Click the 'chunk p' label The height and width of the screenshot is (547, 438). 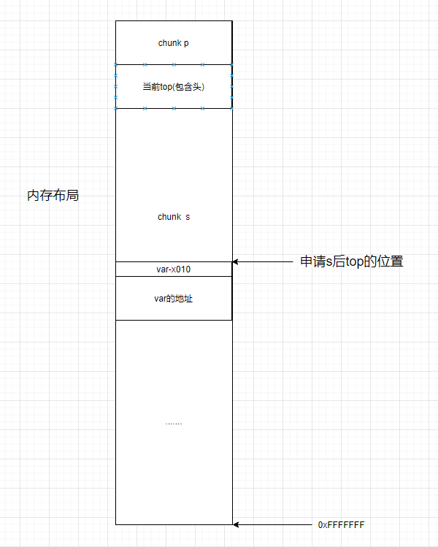point(174,43)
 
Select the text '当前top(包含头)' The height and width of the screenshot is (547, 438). point(174,87)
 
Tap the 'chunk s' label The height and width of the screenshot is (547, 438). point(174,217)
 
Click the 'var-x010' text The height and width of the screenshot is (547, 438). point(174,269)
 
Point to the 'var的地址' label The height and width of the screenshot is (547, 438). point(174,299)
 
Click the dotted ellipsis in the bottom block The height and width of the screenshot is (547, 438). point(174,423)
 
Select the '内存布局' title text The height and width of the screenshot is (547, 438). point(53,196)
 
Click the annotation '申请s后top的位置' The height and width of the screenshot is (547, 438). point(351,261)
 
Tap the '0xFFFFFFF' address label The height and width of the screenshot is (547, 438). point(342,524)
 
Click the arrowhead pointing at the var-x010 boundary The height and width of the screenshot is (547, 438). point(236,261)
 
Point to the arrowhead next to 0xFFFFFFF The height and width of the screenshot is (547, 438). point(236,524)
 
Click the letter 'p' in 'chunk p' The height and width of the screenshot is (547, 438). point(187,43)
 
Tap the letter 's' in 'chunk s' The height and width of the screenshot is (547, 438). point(188,217)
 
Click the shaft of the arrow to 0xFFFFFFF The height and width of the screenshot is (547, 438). point(274,524)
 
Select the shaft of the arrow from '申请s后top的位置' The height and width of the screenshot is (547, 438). point(266,261)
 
